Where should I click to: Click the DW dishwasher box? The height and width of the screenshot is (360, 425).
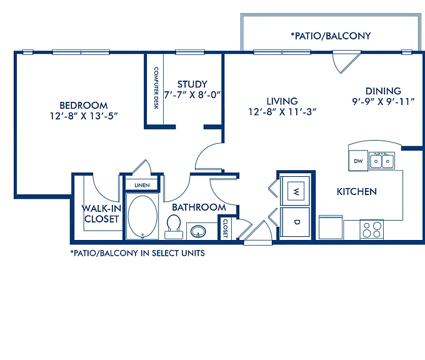point(358,161)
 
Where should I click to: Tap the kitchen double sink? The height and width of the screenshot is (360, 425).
point(382,161)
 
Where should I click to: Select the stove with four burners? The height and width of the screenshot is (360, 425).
point(372,229)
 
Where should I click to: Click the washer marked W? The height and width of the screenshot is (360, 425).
point(295,191)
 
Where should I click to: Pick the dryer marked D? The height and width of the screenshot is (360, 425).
point(295,222)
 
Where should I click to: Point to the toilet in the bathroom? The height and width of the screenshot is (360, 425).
point(174,227)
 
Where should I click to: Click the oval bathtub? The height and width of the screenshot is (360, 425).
point(142,216)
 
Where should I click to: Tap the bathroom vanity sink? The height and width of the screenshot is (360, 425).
point(198,231)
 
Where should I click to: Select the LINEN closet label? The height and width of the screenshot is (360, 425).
point(142,185)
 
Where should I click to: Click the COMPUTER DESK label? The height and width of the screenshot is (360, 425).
point(156,88)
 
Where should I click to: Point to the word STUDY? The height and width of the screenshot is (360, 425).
point(192,84)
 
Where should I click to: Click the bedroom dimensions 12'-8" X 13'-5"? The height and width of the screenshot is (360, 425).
point(84,116)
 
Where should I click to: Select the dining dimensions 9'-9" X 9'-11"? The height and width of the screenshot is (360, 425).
point(383,102)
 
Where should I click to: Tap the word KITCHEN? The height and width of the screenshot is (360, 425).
point(357,192)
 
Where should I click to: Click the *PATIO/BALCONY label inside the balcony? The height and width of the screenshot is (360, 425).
point(331,36)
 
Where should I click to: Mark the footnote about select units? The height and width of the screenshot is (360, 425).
point(137,253)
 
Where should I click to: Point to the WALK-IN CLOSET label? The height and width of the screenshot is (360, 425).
point(101,214)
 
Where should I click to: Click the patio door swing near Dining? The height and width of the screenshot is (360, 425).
point(347,62)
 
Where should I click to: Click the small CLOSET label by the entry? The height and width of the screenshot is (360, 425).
point(225,228)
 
